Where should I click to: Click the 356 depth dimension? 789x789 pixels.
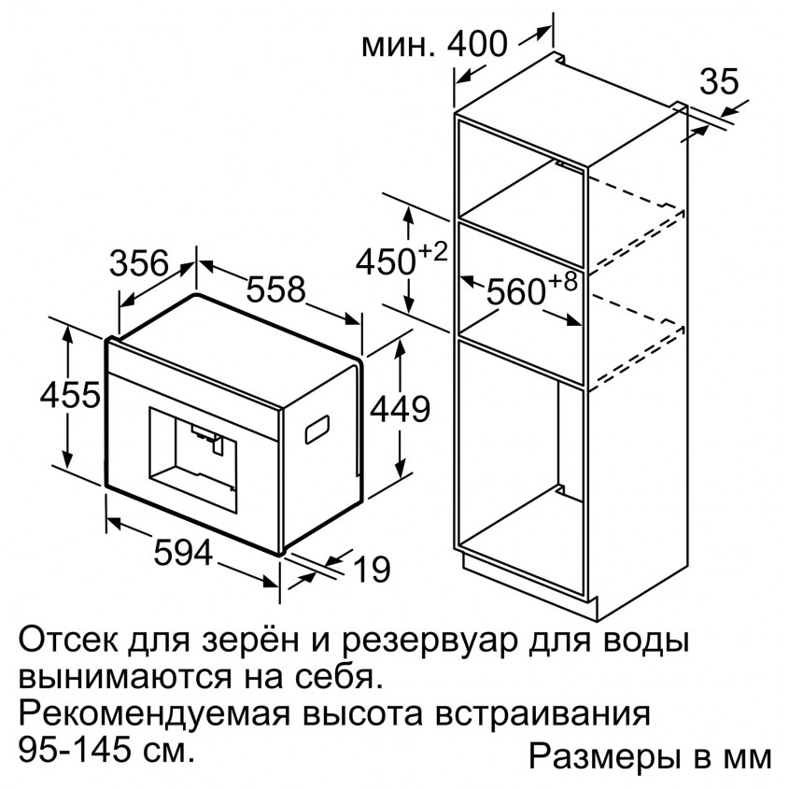(x=139, y=263)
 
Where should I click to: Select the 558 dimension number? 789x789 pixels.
(x=276, y=289)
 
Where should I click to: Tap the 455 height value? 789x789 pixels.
(x=70, y=394)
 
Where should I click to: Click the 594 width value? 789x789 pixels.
(x=184, y=552)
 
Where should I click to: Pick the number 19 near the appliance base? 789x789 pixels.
(x=373, y=570)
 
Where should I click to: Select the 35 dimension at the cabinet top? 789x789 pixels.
(x=720, y=81)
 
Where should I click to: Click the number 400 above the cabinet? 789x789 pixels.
(x=477, y=44)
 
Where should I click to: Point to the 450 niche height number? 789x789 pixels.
(x=386, y=262)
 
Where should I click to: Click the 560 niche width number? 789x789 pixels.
(x=516, y=292)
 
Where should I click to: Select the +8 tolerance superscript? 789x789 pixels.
(x=562, y=282)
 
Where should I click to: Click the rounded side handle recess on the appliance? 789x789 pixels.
(x=317, y=430)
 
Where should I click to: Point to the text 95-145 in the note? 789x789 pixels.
(x=68, y=751)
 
